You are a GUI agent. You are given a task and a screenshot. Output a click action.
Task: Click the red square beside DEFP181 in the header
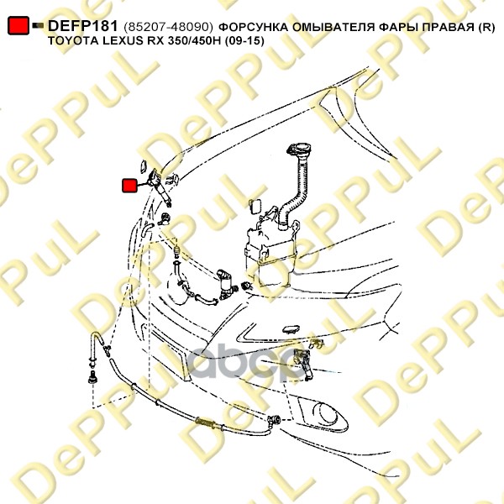click(18, 25)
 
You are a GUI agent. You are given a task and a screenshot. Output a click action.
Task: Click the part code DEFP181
click(83, 26)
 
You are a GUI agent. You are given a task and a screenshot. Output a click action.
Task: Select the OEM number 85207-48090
click(169, 28)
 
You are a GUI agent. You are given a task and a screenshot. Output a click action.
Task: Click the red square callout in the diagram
click(129, 186)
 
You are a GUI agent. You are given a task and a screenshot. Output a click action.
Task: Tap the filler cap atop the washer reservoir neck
click(298, 150)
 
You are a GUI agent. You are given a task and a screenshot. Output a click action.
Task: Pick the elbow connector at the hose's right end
click(274, 420)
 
